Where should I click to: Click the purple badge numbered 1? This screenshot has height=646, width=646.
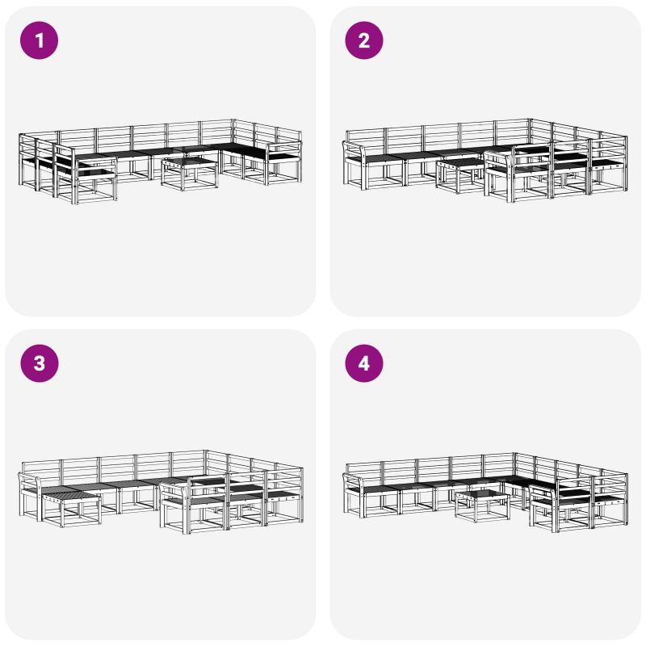click(x=39, y=40)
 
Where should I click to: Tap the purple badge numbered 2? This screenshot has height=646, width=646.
click(x=364, y=40)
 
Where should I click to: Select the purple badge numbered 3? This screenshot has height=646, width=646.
click(x=39, y=363)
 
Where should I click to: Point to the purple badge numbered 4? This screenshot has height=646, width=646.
click(x=364, y=363)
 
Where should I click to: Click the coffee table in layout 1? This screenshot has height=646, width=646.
click(x=189, y=173)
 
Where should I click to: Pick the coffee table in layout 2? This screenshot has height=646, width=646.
click(x=460, y=175)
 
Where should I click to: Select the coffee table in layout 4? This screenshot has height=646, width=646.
click(x=482, y=506)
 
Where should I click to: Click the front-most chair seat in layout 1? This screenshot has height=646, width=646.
click(x=94, y=174)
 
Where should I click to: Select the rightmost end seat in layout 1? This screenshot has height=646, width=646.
click(x=284, y=157)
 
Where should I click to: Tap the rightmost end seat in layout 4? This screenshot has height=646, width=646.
click(x=610, y=497)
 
